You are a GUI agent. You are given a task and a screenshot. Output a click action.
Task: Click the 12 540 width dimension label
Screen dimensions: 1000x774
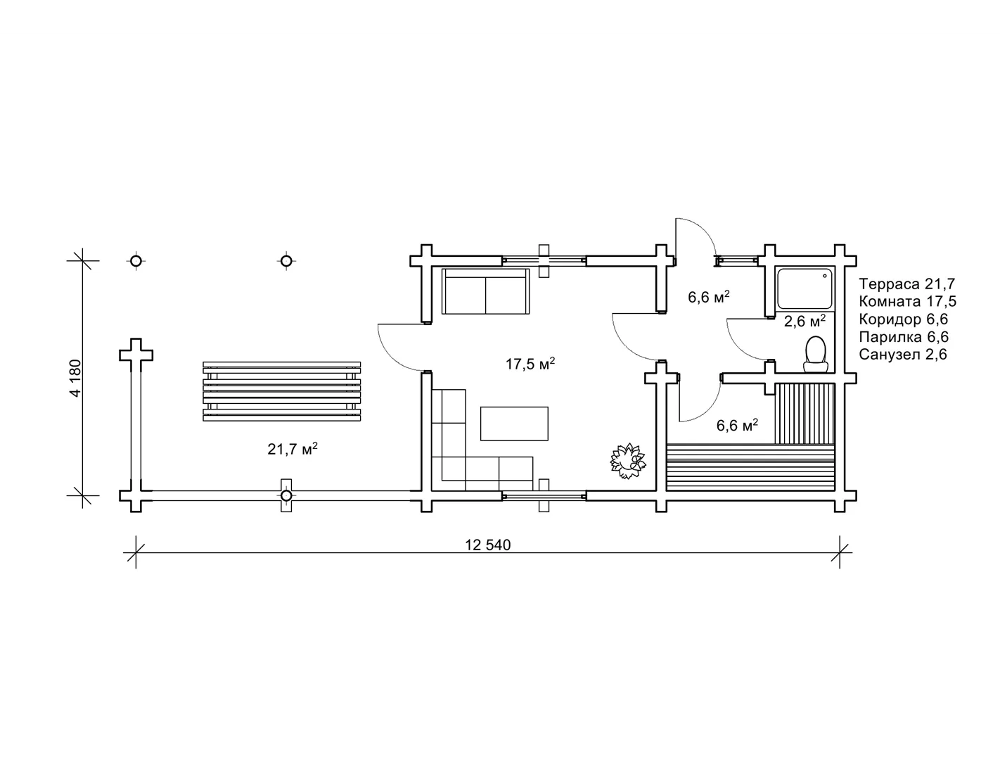click(x=487, y=545)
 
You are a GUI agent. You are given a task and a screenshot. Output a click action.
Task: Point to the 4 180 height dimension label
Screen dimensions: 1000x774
click(x=75, y=378)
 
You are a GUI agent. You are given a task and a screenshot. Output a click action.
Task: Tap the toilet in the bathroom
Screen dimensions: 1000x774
click(x=816, y=354)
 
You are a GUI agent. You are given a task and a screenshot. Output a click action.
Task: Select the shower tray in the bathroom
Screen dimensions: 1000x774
click(x=805, y=288)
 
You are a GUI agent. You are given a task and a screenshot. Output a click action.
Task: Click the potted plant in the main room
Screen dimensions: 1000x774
click(x=628, y=461)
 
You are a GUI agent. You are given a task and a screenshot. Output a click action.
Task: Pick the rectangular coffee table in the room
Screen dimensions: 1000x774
click(x=514, y=424)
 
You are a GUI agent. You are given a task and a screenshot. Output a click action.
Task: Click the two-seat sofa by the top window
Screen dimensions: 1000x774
click(x=485, y=291)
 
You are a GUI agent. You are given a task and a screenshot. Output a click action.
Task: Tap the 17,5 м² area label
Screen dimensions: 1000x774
click(x=530, y=364)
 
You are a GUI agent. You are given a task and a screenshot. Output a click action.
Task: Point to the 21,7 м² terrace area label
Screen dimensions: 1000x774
click(x=293, y=448)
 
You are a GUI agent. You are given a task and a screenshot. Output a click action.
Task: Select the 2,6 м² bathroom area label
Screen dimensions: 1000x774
click(x=805, y=320)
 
